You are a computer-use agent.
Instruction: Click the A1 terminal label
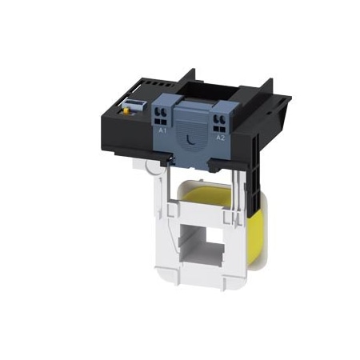[x=162, y=128]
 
